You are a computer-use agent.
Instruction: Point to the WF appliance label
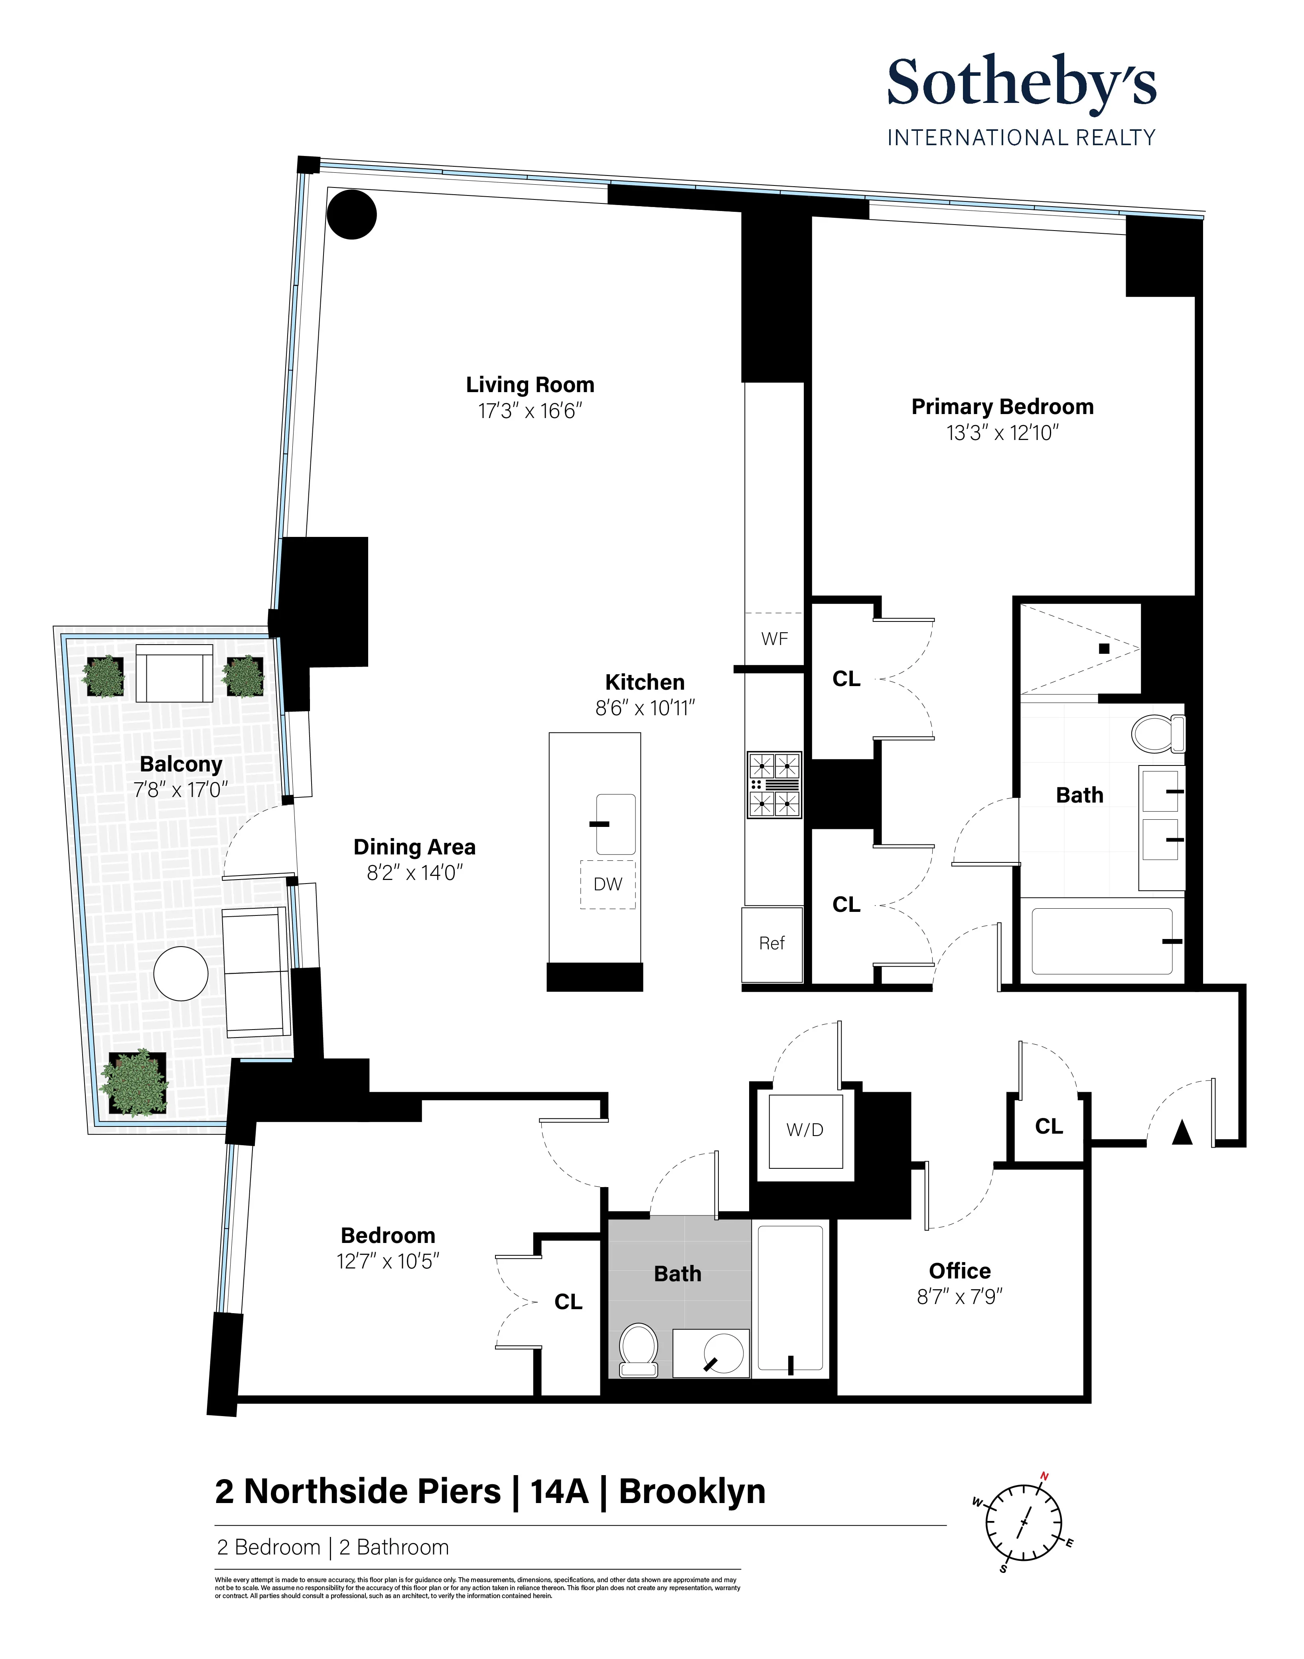click(x=774, y=639)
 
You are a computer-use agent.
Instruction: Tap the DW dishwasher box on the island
click(x=608, y=884)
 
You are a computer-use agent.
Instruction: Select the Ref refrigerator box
click(x=772, y=944)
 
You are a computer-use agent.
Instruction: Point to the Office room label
click(x=960, y=1271)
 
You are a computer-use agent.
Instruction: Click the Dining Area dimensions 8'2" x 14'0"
click(x=414, y=873)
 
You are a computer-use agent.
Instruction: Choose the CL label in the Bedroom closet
click(x=568, y=1302)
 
